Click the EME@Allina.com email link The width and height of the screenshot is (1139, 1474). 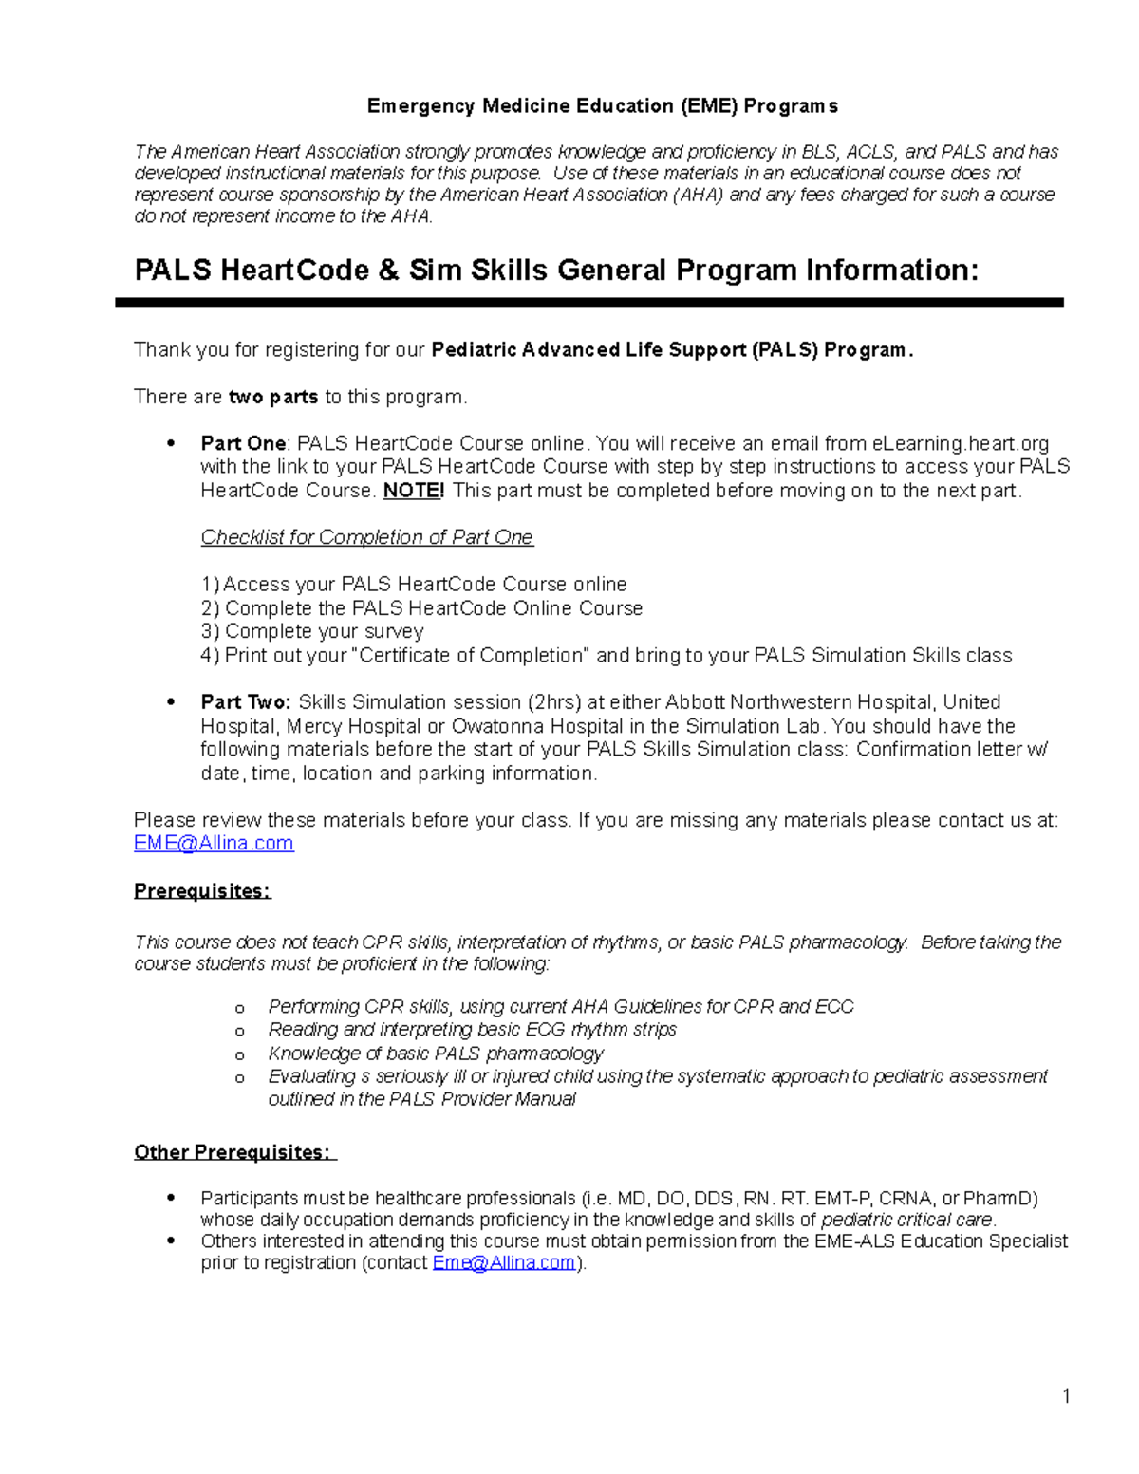(214, 843)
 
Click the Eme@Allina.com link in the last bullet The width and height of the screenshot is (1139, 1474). (504, 1262)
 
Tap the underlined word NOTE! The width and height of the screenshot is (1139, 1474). (413, 491)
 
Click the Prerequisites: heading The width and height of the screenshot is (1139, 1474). (202, 891)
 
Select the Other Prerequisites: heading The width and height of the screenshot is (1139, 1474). (233, 1152)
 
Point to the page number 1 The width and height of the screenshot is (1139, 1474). (1066, 1395)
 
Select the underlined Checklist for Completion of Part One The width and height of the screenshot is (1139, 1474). (366, 537)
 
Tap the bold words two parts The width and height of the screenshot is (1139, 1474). (273, 397)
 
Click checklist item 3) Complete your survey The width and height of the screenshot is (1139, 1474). (312, 631)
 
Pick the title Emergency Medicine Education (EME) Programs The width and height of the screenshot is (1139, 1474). (602, 105)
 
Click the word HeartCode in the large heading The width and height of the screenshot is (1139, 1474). (294, 271)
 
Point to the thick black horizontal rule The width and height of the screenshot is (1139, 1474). (588, 302)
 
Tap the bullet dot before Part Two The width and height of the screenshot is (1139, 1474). (171, 702)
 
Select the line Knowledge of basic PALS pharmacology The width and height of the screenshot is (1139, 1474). (435, 1054)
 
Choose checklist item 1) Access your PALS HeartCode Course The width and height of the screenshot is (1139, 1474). (414, 584)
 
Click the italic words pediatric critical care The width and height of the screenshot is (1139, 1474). (906, 1220)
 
